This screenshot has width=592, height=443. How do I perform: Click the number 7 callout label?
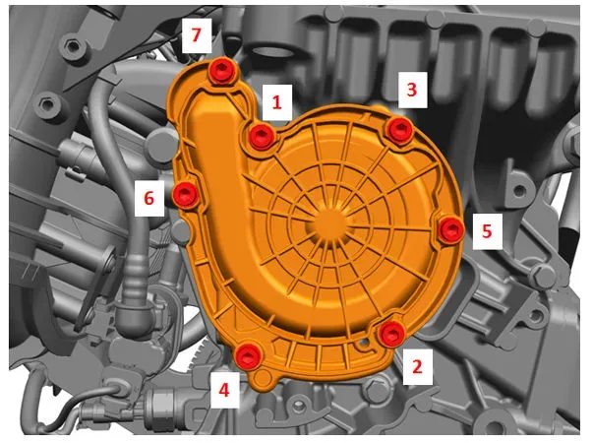coord(197,35)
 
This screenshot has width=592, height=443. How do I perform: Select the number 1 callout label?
coord(277,102)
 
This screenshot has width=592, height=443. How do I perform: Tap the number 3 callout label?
coord(412,90)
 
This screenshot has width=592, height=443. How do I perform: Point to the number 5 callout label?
coord(487,231)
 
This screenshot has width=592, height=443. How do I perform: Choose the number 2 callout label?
coord(417,366)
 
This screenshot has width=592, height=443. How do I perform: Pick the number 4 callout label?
coord(224,390)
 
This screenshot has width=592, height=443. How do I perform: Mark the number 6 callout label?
coord(149,198)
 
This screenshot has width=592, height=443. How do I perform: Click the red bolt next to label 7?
coord(221,71)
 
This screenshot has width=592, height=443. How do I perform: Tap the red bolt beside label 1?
coord(262,135)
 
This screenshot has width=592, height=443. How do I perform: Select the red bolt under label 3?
coord(399,129)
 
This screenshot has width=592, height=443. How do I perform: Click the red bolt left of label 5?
coord(451,229)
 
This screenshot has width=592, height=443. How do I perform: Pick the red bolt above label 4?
coord(248,356)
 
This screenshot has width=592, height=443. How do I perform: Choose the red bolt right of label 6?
coord(186,194)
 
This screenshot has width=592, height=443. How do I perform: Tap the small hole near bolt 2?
coord(365,343)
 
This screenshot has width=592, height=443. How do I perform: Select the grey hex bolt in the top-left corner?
coord(72,47)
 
